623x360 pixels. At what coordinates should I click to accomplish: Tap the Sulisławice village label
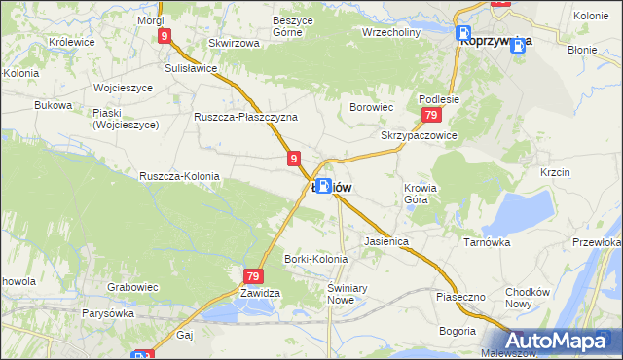[192, 69]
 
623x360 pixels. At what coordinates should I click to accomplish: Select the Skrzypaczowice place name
[419, 136]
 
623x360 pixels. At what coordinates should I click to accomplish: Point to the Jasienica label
[385, 239]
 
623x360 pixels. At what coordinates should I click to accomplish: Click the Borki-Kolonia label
[314, 259]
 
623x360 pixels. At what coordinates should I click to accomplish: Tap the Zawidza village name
[260, 292]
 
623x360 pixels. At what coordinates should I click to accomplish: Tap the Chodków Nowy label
[531, 299]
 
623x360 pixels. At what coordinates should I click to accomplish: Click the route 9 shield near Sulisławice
[165, 36]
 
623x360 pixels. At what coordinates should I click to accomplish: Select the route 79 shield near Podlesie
[429, 116]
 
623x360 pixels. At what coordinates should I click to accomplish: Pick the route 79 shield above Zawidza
[252, 276]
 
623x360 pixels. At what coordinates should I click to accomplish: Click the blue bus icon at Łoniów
[322, 184]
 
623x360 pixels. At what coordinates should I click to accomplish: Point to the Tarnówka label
[487, 242]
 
